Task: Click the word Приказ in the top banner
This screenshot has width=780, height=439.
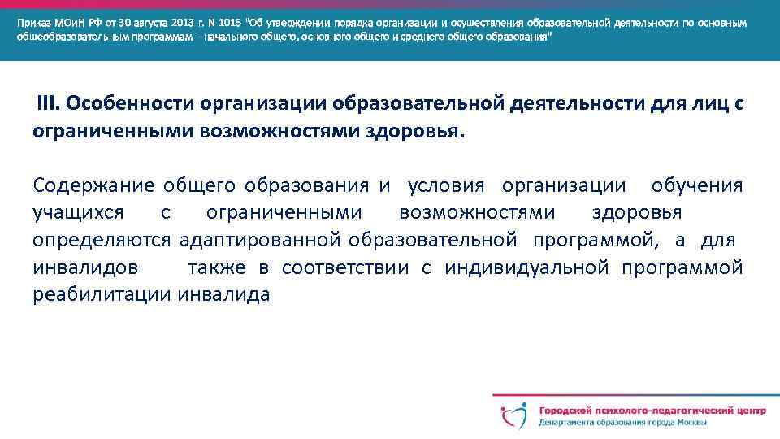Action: [x=35, y=23]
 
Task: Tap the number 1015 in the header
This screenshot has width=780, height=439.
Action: [x=229, y=23]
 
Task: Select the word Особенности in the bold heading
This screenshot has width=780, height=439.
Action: [x=131, y=104]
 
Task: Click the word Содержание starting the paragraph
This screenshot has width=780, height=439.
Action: [x=93, y=185]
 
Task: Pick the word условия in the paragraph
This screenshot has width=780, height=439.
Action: [x=445, y=185]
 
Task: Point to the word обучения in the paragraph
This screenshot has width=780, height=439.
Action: [x=697, y=185]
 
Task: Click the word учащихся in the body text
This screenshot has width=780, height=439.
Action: [x=79, y=213]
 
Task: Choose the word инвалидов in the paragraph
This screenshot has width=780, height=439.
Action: [x=85, y=268]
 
